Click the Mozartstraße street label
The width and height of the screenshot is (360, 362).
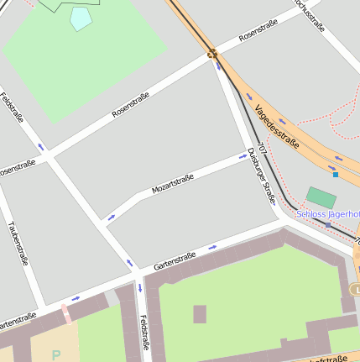(173, 184)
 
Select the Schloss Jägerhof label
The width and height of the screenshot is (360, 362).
(327, 214)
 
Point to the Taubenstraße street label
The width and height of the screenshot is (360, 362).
(18, 243)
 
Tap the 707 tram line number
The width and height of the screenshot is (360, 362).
(263, 149)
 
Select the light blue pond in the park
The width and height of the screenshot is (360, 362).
(81, 18)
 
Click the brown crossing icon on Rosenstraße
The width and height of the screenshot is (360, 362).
(212, 55)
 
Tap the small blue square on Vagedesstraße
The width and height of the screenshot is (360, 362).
(335, 175)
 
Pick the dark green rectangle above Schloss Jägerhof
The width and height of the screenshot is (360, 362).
(321, 197)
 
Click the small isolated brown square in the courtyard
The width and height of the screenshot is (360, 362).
(200, 314)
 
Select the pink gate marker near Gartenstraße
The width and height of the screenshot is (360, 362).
(65, 314)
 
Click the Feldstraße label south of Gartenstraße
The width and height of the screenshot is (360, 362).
(144, 333)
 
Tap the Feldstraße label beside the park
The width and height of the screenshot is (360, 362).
(13, 108)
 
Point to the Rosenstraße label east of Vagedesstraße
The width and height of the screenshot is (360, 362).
(258, 32)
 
